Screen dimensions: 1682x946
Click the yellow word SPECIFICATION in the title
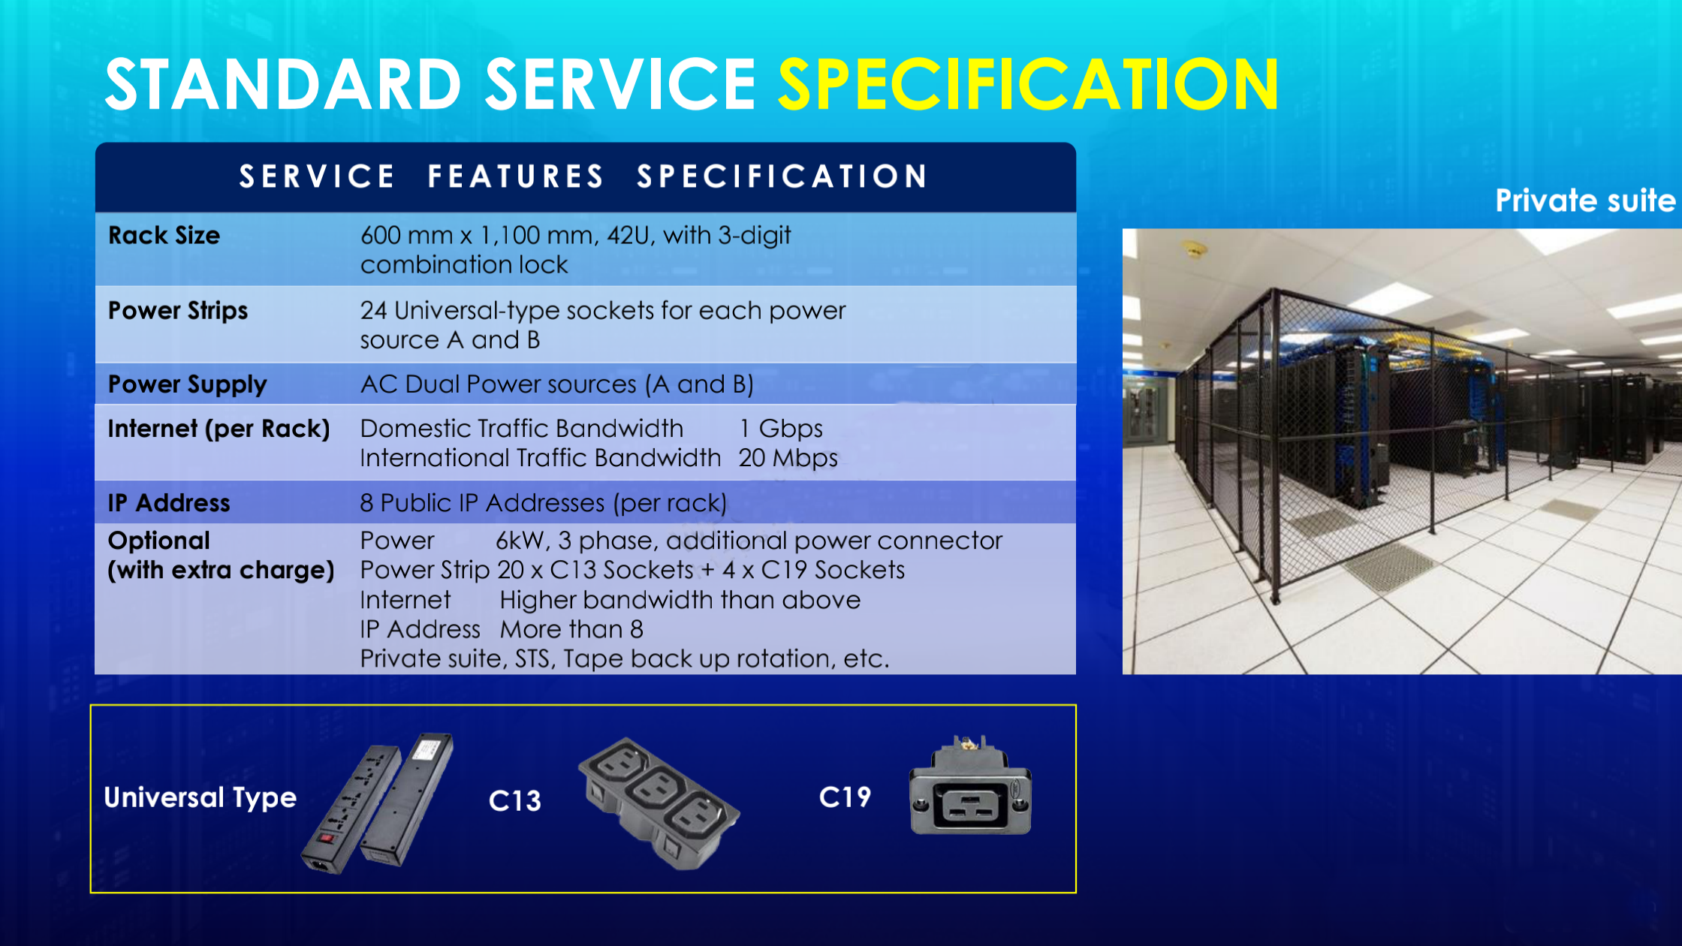(x=1028, y=84)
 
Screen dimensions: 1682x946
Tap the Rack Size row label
(x=164, y=236)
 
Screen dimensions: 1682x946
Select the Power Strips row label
(x=178, y=311)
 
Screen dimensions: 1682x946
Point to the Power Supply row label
(x=188, y=384)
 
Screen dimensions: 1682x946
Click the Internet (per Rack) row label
(x=219, y=429)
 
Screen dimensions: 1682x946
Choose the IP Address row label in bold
(x=169, y=503)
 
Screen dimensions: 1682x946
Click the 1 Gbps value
(x=781, y=429)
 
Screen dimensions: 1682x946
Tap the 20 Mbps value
(x=788, y=458)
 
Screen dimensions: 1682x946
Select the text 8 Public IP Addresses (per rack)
(x=544, y=503)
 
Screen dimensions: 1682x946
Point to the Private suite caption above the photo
(x=1585, y=200)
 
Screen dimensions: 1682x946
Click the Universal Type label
(x=200, y=797)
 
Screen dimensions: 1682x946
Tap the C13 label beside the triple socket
(x=515, y=800)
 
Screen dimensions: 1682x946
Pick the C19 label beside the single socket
(x=846, y=797)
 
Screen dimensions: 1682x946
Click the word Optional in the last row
(x=159, y=541)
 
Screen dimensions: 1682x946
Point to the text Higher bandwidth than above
(x=680, y=600)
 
